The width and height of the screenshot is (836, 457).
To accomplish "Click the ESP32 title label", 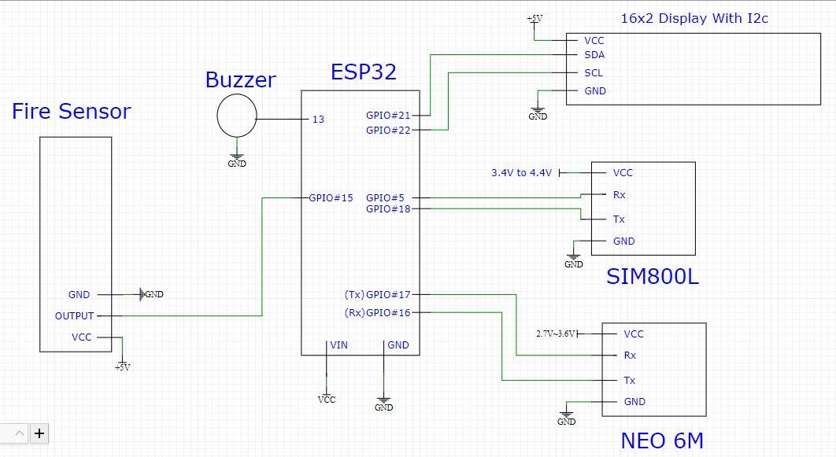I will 363,73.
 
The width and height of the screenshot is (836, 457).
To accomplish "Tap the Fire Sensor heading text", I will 71,112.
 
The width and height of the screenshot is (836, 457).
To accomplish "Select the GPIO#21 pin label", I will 388,116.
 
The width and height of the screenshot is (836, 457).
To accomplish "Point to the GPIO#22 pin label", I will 388,131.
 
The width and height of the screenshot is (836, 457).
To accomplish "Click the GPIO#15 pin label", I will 331,198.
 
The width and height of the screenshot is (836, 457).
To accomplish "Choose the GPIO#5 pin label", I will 385,198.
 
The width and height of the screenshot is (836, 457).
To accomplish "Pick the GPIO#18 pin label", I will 388,209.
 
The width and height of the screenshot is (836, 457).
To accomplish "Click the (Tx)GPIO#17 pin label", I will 377,295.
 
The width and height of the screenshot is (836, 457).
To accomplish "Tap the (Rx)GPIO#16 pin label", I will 377,313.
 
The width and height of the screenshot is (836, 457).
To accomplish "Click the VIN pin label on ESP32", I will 338,345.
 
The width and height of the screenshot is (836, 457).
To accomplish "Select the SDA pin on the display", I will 594,56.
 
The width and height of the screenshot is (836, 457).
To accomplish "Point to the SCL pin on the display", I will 594,73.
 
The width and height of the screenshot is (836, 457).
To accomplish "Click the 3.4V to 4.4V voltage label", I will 522,173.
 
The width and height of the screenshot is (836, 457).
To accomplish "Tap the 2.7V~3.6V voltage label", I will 556,334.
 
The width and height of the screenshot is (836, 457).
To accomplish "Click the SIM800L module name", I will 653,277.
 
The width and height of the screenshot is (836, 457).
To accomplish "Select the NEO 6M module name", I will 662,440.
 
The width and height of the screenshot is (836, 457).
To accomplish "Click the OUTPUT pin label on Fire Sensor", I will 74,316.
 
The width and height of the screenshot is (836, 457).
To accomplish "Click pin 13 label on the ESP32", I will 318,120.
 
